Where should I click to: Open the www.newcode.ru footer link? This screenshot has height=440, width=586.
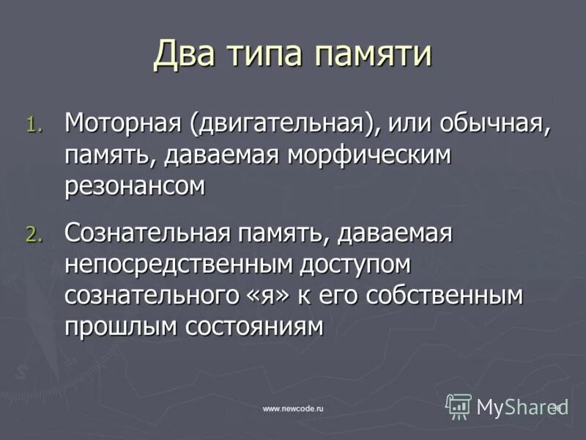[293, 408]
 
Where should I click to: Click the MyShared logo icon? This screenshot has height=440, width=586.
[459, 406]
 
